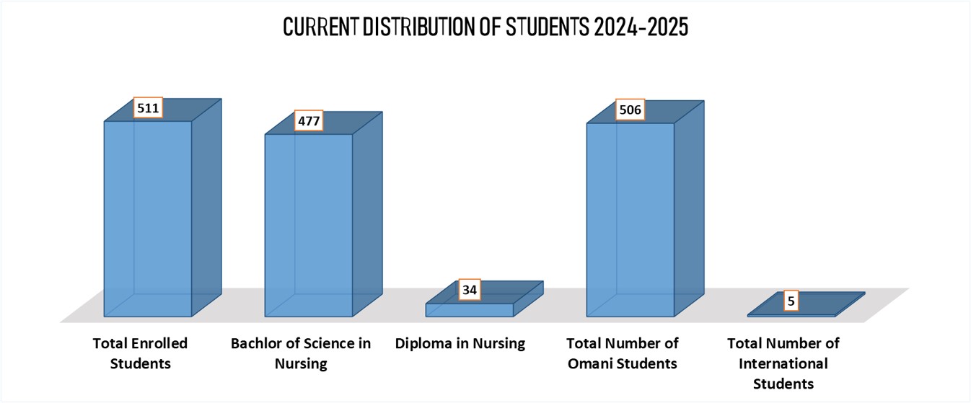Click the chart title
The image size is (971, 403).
(x=485, y=27)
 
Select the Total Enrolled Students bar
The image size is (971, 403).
(x=162, y=208)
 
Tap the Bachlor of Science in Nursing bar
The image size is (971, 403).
(x=323, y=214)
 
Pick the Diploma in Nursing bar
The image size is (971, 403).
(x=484, y=299)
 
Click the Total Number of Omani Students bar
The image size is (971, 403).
(x=645, y=208)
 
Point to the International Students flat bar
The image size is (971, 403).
(x=807, y=304)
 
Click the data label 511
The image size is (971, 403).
(x=149, y=107)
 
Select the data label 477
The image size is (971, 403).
(x=309, y=120)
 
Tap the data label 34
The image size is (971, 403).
(x=470, y=290)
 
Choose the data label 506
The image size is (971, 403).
(x=631, y=109)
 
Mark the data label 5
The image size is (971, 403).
(x=791, y=301)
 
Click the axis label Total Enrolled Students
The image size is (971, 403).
(x=140, y=353)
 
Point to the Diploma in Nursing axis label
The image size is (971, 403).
(x=460, y=343)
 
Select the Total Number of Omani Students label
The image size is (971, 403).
(x=623, y=353)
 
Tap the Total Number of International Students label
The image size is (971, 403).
(x=783, y=363)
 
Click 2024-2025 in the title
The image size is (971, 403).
(x=641, y=27)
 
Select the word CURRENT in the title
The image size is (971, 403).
(x=321, y=27)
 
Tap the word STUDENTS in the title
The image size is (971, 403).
(x=548, y=27)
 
